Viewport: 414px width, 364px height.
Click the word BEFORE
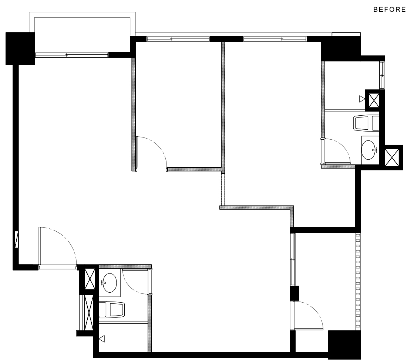[389, 10]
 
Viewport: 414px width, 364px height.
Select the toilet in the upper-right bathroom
[366, 123]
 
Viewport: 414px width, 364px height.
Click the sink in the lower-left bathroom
[109, 283]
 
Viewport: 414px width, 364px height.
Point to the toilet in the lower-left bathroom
[112, 310]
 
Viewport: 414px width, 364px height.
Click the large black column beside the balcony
[20, 48]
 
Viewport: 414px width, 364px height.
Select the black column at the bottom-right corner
[344, 345]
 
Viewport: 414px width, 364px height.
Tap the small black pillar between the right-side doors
[294, 293]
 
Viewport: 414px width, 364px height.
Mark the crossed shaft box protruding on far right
[393, 157]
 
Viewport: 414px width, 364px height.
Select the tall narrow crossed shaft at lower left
[89, 312]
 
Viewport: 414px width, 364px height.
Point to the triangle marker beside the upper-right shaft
[362, 99]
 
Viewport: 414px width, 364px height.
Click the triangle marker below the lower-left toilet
[102, 338]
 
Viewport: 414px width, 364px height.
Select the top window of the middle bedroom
[178, 39]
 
